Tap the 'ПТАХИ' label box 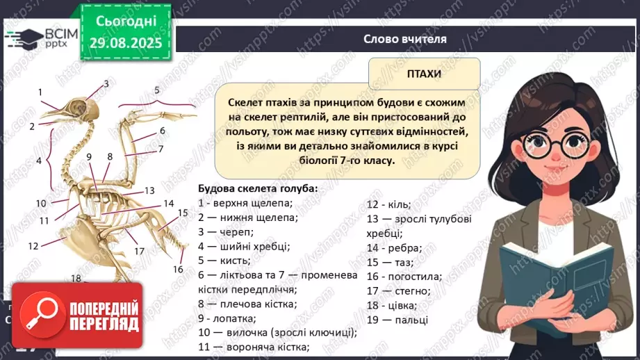pyautogui.click(x=424, y=73)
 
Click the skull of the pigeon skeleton pyautogui.click(x=76, y=106)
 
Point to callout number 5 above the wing pyautogui.click(x=157, y=90)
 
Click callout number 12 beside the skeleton pyautogui.click(x=33, y=245)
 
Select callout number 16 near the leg pyautogui.click(x=178, y=269)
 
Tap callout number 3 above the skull pyautogui.click(x=106, y=84)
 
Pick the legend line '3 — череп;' pyautogui.click(x=226, y=232)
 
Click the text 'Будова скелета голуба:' pyautogui.click(x=258, y=188)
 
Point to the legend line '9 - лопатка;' pyautogui.click(x=227, y=318)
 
